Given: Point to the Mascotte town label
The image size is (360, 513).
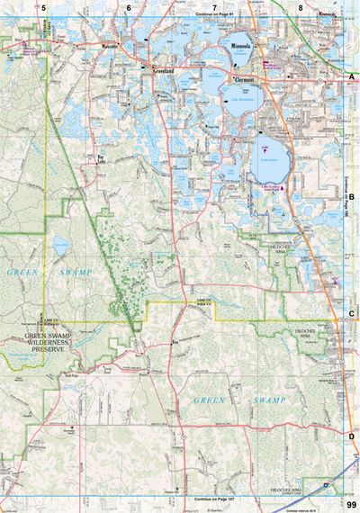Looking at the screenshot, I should [111, 44].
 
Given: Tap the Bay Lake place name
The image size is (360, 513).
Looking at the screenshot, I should [102, 158].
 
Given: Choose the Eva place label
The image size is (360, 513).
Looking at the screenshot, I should [175, 342].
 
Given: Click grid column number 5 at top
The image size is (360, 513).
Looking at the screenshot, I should [42, 8].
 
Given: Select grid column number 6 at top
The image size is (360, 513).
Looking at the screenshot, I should [128, 8].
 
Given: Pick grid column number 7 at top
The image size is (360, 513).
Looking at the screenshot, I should [214, 8].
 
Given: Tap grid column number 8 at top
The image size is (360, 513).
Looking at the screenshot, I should [300, 8].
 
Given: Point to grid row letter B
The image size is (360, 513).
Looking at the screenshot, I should [351, 195].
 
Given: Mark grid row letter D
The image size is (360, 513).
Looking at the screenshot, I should [351, 436].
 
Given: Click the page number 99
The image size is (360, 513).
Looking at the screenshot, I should [351, 505].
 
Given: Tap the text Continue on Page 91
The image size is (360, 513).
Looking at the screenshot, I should [213, 15].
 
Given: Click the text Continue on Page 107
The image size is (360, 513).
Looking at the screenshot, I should [213, 498].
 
